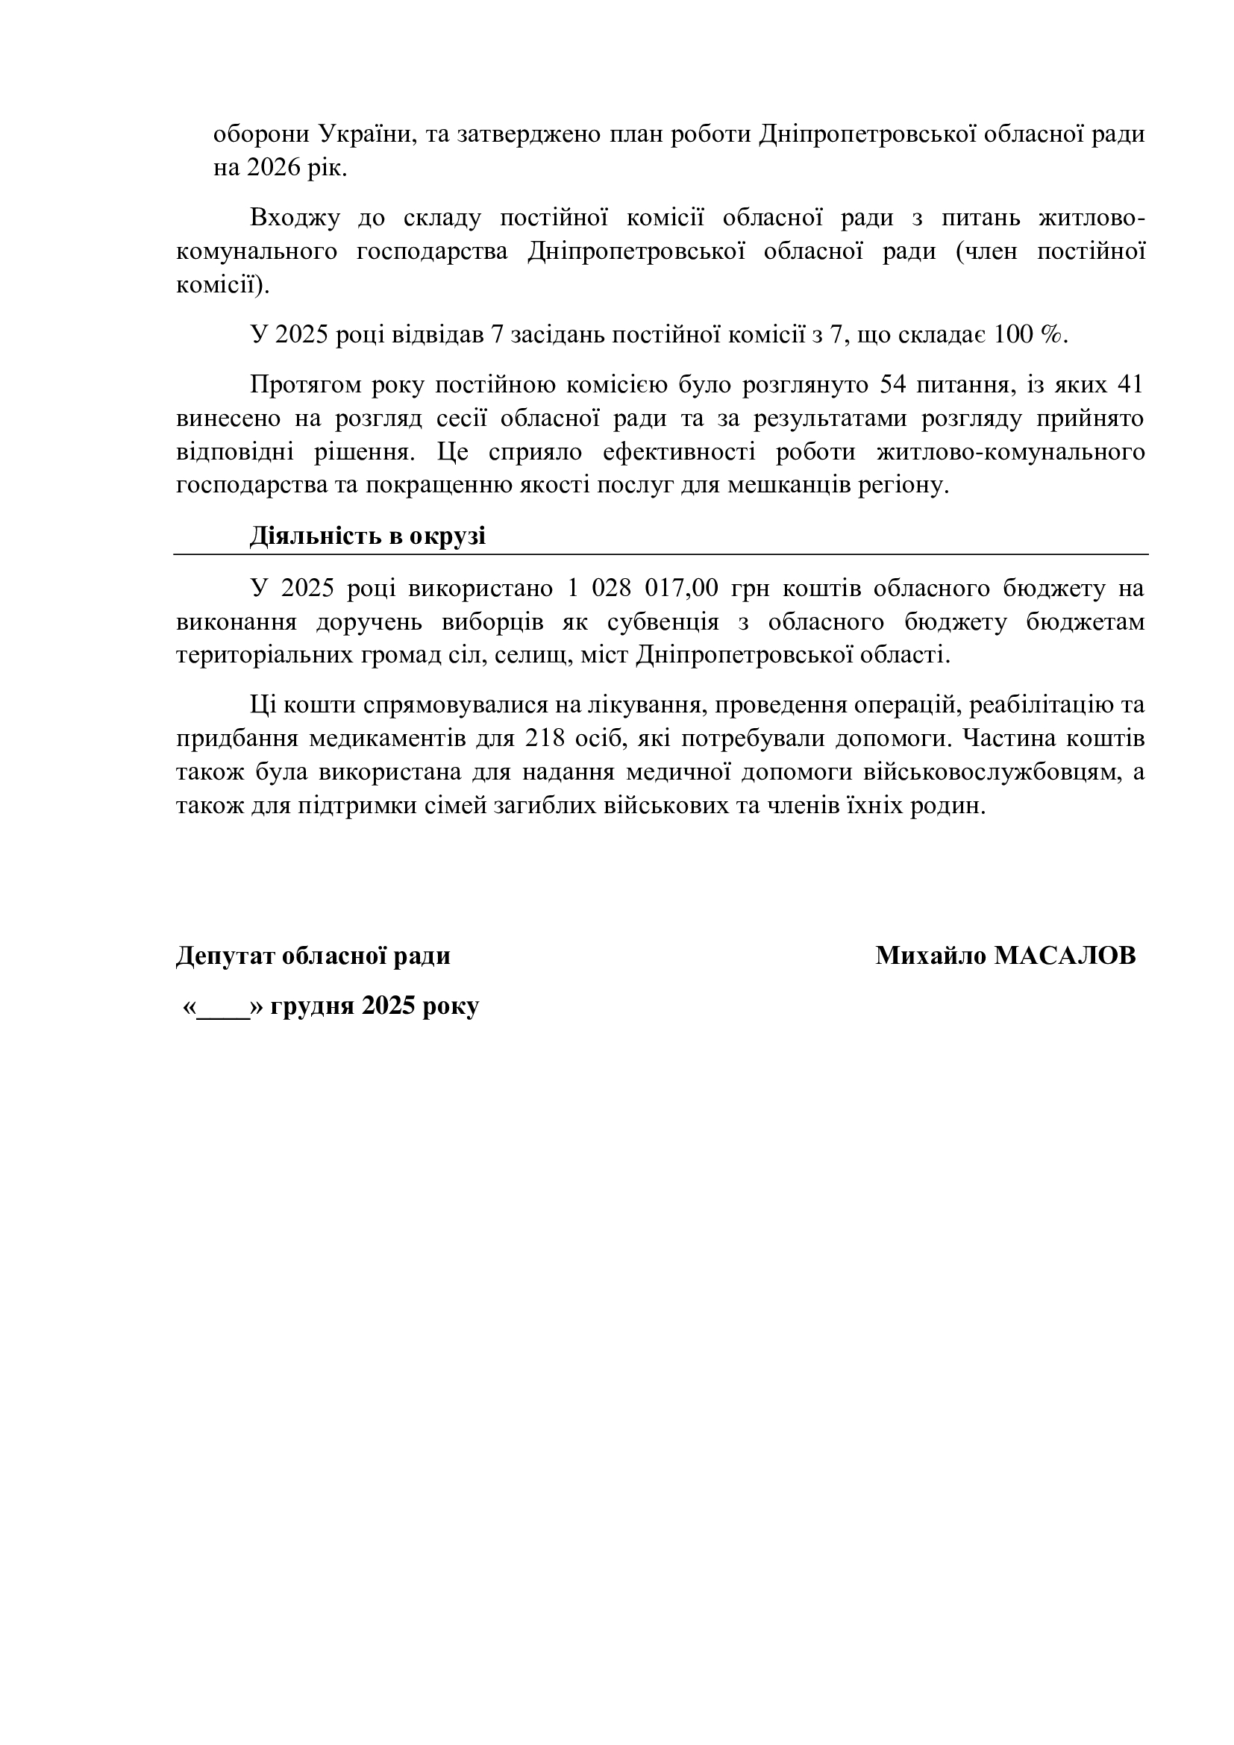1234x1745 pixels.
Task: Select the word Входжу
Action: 295,218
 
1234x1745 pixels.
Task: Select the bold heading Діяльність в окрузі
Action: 368,536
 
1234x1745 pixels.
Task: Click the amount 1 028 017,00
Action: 642,588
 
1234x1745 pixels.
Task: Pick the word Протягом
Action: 302,385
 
